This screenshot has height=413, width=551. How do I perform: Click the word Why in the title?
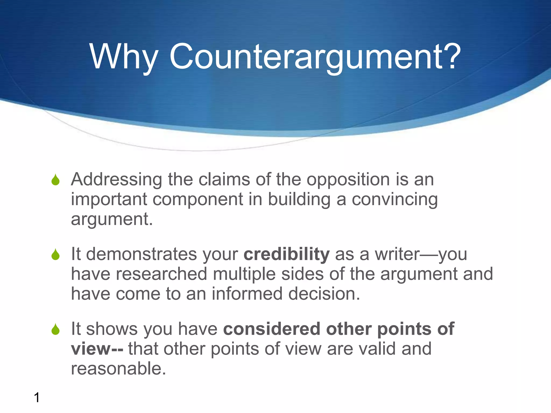click(123, 57)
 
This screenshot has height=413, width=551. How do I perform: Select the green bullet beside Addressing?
click(55, 180)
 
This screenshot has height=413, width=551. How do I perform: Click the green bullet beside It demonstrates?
click(55, 254)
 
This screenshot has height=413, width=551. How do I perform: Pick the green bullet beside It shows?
click(55, 329)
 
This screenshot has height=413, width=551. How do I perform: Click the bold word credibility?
click(286, 254)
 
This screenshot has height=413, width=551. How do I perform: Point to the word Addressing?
click(116, 180)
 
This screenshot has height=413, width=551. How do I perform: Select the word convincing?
click(395, 200)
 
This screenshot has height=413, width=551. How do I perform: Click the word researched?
click(161, 274)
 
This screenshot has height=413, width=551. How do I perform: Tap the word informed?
click(247, 294)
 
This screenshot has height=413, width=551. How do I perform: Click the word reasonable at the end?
click(118, 368)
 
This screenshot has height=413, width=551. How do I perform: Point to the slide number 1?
click(37, 397)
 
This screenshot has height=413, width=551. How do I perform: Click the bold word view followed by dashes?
click(90, 349)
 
